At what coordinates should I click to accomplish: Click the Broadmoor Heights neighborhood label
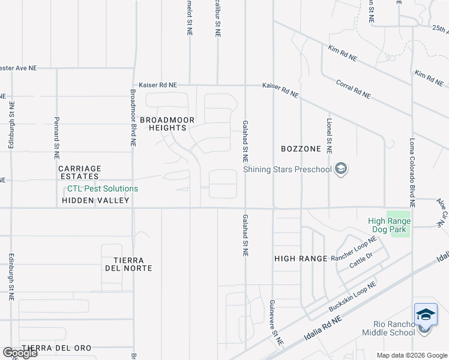(x=167, y=124)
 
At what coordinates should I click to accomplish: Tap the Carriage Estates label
(x=79, y=172)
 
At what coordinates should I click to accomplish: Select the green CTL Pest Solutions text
(x=103, y=188)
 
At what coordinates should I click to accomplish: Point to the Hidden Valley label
(x=95, y=200)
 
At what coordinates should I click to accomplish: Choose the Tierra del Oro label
(x=56, y=348)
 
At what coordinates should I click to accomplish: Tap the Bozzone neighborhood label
(x=298, y=148)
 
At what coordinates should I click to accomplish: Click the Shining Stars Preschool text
(x=288, y=169)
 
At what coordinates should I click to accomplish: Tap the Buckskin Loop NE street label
(x=352, y=296)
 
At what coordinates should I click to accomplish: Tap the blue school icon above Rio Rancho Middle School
(x=425, y=314)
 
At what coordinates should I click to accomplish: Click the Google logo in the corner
(x=19, y=353)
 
